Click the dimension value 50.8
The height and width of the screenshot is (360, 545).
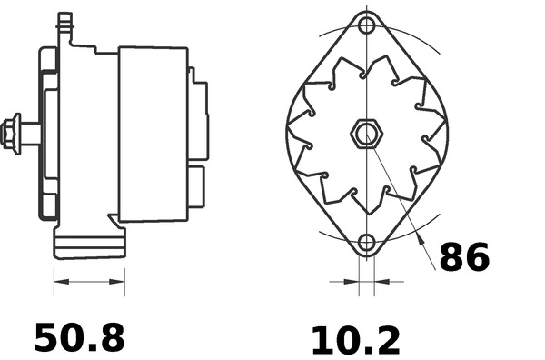click(x=79, y=338)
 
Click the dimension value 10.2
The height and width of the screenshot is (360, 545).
click(x=355, y=341)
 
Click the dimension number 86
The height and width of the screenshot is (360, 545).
click(x=463, y=258)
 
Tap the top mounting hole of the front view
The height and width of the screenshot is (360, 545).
click(x=366, y=25)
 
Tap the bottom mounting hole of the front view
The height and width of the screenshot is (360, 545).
click(x=366, y=243)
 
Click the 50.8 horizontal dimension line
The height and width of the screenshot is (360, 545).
click(x=89, y=284)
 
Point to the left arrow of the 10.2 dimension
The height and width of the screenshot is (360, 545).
click(x=350, y=282)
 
